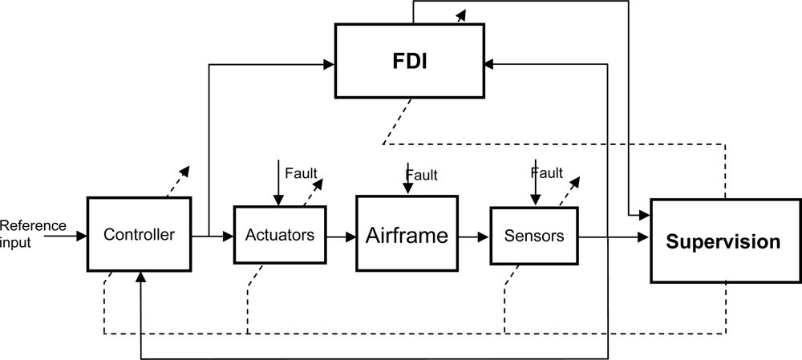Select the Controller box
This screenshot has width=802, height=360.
click(x=140, y=236)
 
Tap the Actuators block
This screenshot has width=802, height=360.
click(x=280, y=236)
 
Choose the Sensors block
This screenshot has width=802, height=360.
click(x=534, y=236)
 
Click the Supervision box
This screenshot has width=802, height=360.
click(x=725, y=241)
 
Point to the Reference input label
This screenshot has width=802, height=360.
click(x=33, y=233)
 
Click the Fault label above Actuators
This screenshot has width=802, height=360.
click(x=301, y=172)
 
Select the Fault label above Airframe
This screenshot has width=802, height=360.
click(x=422, y=175)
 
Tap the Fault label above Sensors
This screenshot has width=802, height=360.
click(x=547, y=172)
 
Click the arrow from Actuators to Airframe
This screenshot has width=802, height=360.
click(x=341, y=237)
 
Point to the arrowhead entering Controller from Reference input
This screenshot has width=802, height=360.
click(x=82, y=237)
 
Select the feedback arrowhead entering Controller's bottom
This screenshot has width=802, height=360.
click(x=141, y=277)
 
